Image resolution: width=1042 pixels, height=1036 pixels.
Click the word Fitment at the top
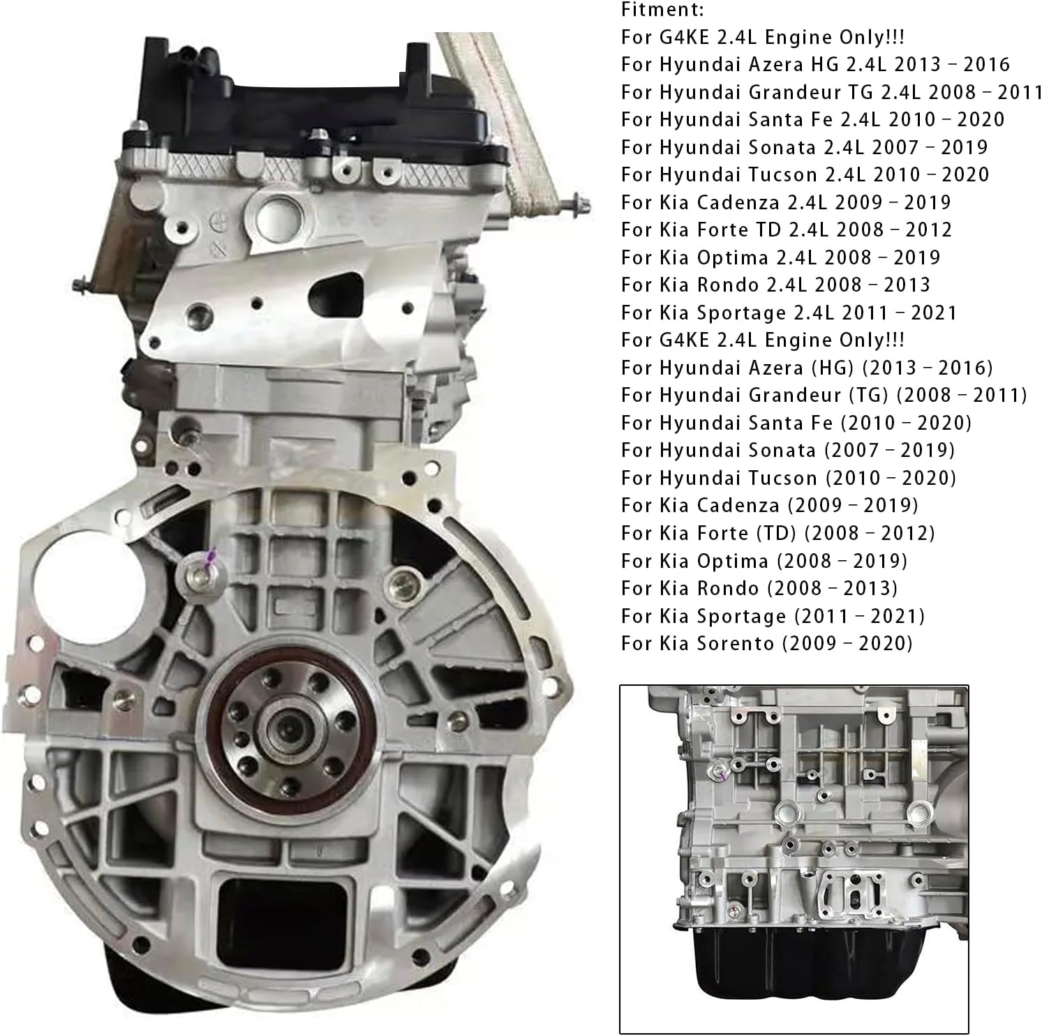(x=662, y=10)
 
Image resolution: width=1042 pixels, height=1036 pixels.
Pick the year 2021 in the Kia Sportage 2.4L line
(x=933, y=313)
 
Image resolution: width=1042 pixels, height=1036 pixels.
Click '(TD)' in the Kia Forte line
(x=776, y=534)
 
